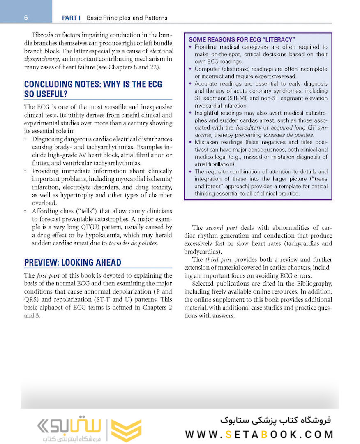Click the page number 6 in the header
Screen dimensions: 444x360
click(25, 18)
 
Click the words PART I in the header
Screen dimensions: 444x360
click(71, 18)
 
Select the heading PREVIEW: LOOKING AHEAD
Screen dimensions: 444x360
click(73, 263)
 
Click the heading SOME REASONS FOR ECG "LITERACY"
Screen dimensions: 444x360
click(242, 40)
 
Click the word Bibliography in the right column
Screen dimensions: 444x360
click(308, 284)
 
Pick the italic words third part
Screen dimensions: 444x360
click(217, 260)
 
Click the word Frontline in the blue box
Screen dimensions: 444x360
click(208, 47)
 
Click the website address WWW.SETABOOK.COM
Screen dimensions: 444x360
click(259, 435)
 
